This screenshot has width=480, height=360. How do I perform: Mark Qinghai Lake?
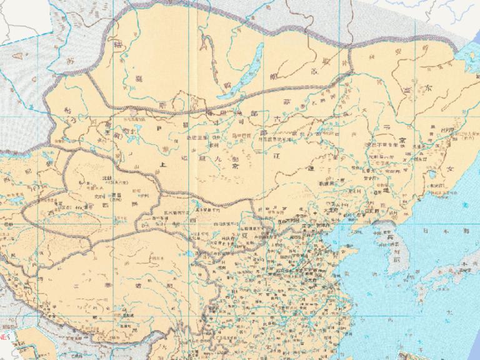[x=188, y=254]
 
